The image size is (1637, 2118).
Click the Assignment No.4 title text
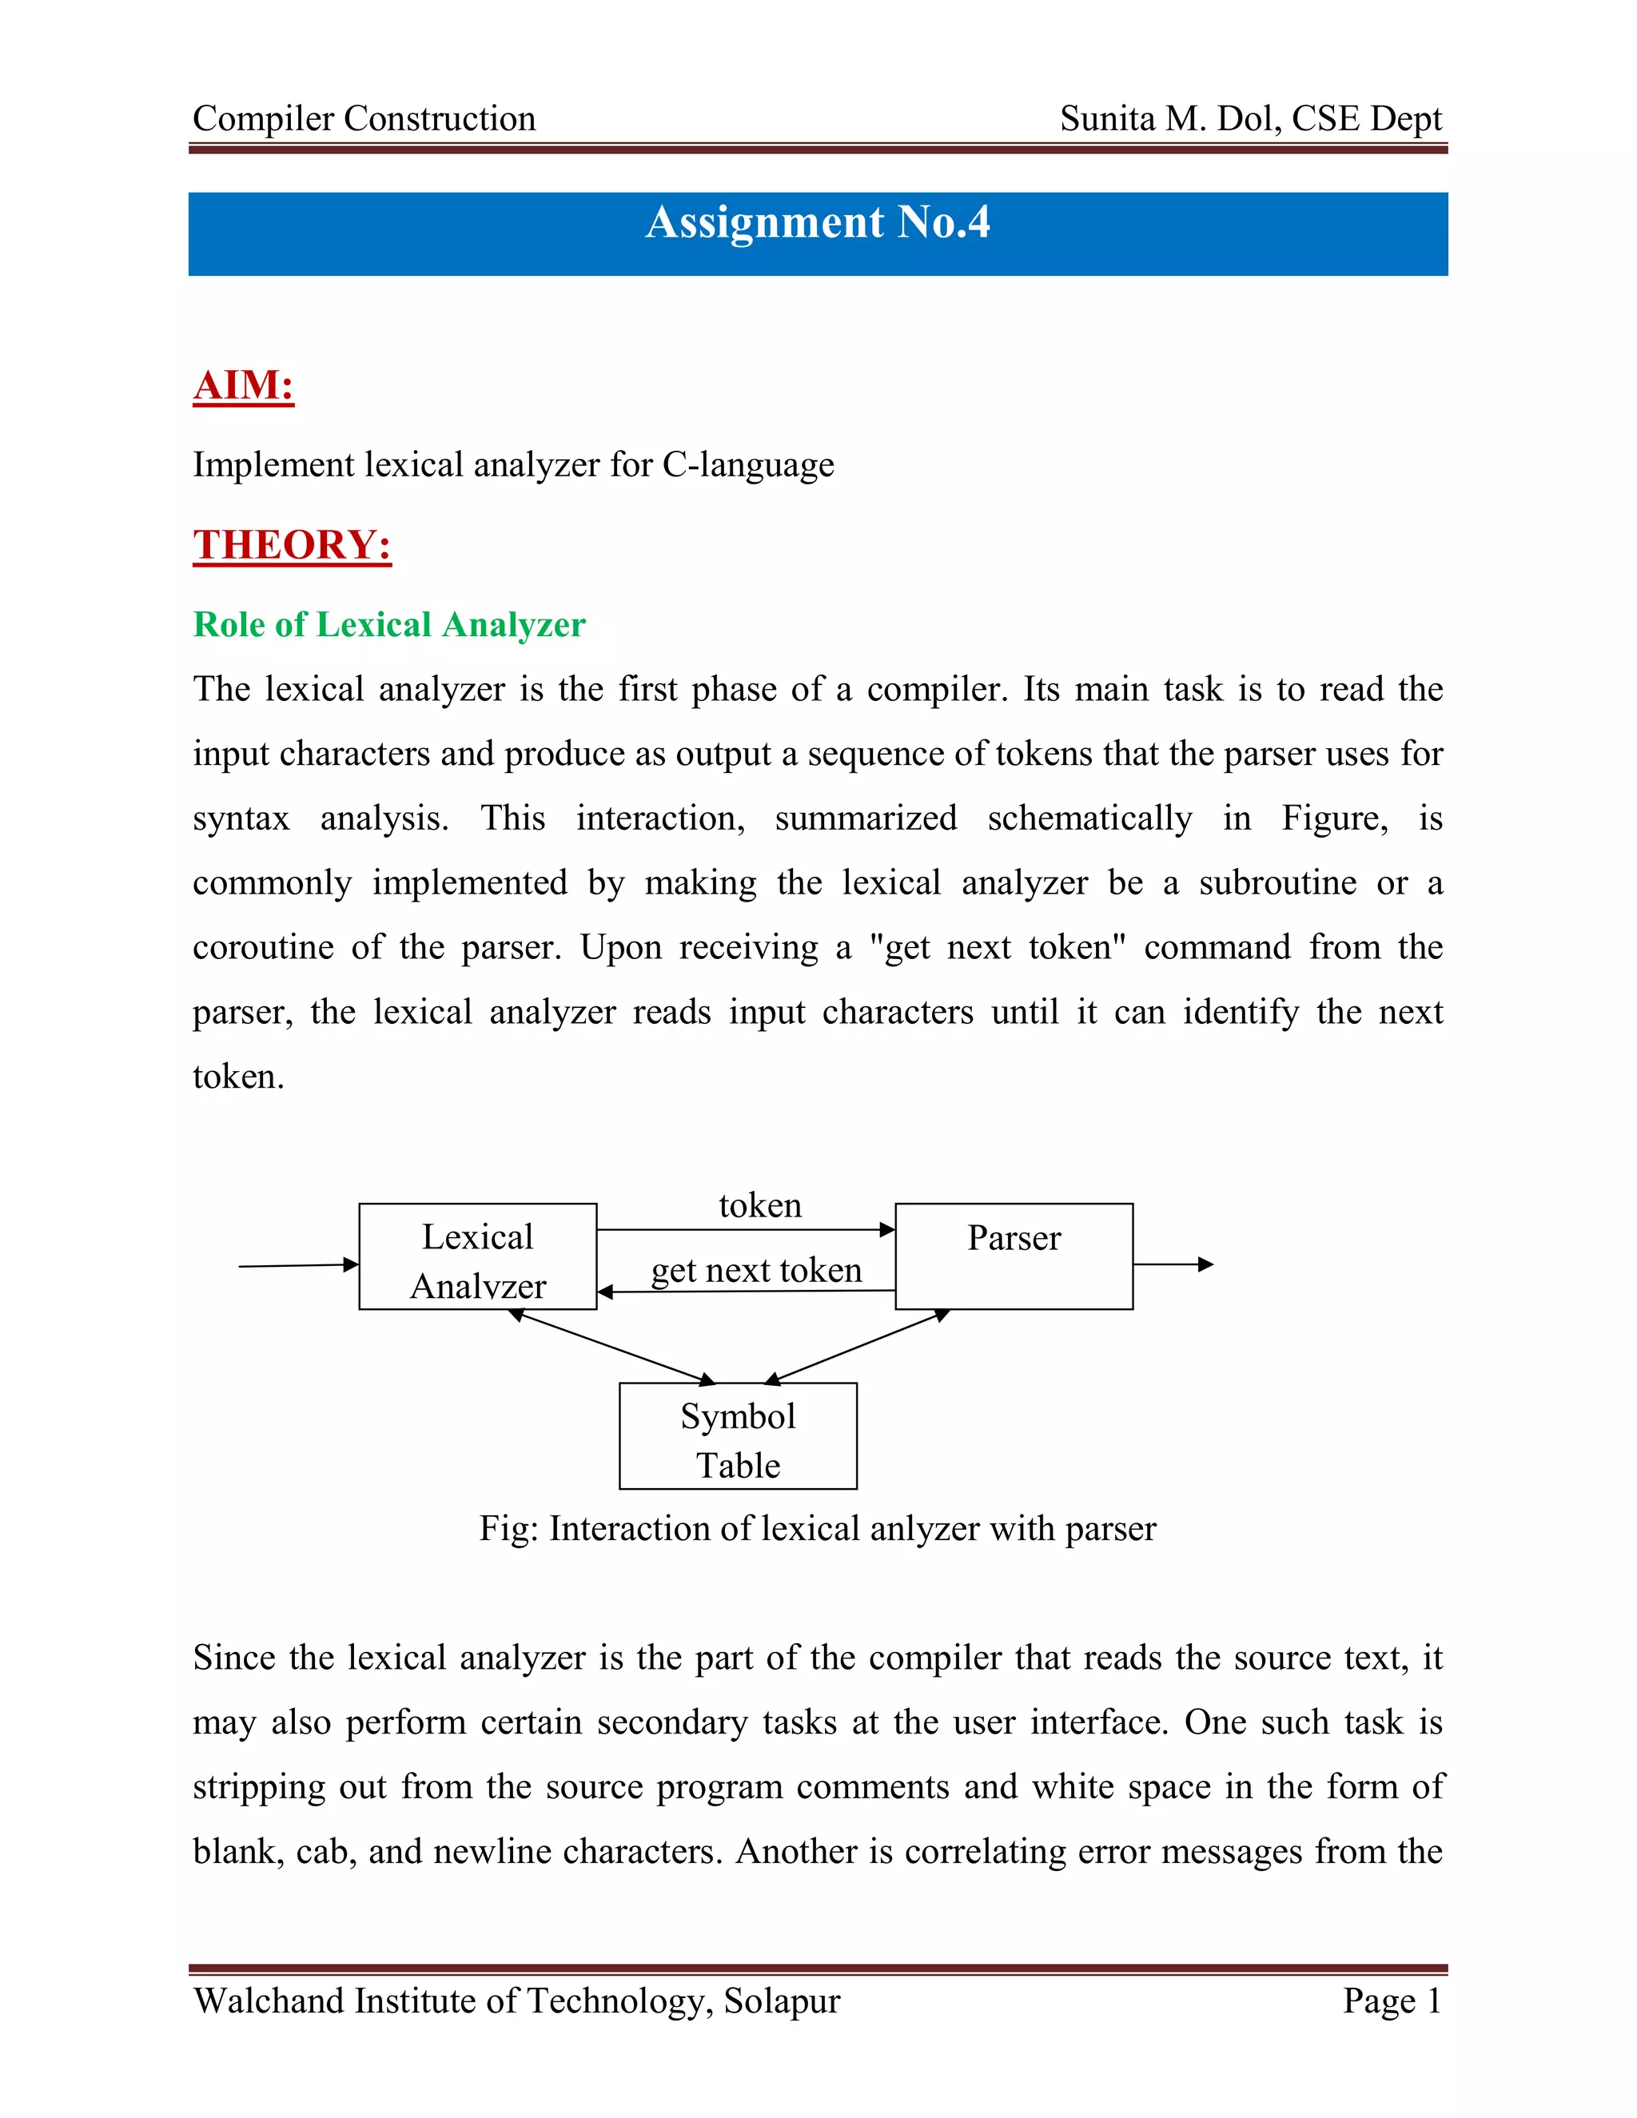(x=818, y=222)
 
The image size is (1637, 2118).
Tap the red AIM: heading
(x=244, y=385)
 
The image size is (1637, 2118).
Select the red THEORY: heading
(x=292, y=545)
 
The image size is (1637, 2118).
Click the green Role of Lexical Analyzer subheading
(x=389, y=624)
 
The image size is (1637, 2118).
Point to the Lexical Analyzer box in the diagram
(x=477, y=1257)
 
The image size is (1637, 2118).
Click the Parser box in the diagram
(x=1014, y=1257)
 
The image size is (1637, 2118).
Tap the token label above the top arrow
(x=760, y=1205)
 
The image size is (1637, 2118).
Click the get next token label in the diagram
(x=756, y=1271)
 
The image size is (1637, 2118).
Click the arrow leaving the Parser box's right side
(x=1173, y=1264)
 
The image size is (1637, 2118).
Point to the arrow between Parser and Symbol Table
(x=858, y=1346)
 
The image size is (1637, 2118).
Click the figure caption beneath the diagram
(x=818, y=1529)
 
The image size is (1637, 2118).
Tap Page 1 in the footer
(x=1392, y=2001)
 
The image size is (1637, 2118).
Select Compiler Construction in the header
(x=364, y=118)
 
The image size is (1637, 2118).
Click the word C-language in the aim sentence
(x=747, y=465)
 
